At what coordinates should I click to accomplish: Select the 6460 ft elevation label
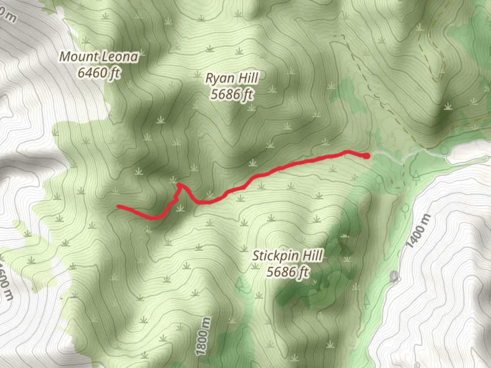[99, 73]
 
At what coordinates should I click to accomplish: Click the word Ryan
[220, 78]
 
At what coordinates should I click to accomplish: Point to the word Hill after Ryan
[248, 78]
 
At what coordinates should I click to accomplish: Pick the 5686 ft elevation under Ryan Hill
[232, 94]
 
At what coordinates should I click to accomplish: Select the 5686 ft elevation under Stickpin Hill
[288, 272]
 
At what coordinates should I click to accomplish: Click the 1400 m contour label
[418, 231]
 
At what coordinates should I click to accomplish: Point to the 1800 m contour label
[203, 336]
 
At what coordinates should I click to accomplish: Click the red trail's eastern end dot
[367, 156]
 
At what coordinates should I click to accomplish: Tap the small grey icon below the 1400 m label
[395, 277]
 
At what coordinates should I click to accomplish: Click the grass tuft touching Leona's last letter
[141, 53]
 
